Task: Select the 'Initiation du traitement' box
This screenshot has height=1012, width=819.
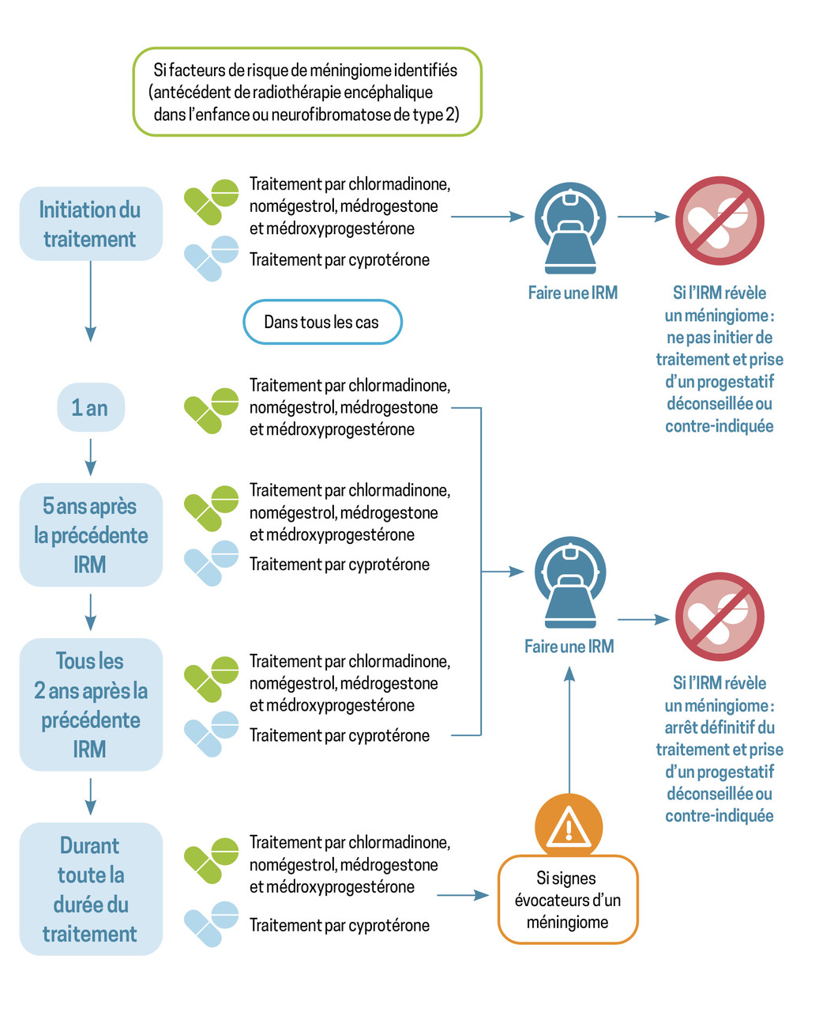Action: pyautogui.click(x=91, y=223)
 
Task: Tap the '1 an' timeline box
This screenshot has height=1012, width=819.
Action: pyautogui.click(x=91, y=407)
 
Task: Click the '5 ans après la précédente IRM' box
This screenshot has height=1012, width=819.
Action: pyautogui.click(x=91, y=534)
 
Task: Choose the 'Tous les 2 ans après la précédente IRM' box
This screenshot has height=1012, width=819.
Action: pyautogui.click(x=91, y=704)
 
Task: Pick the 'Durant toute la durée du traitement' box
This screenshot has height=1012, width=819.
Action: pyautogui.click(x=91, y=889)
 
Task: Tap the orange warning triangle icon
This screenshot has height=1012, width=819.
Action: pyautogui.click(x=569, y=827)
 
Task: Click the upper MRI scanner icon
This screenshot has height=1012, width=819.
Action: pyautogui.click(x=570, y=228)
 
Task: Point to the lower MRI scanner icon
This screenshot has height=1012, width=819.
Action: pyautogui.click(x=570, y=583)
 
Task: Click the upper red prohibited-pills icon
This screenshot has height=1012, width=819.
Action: pyautogui.click(x=719, y=221)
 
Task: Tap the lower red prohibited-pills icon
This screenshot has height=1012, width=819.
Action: pyautogui.click(x=719, y=616)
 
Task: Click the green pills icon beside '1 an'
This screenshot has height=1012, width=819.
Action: pyautogui.click(x=211, y=410)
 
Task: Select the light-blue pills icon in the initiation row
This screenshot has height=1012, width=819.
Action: pyautogui.click(x=211, y=259)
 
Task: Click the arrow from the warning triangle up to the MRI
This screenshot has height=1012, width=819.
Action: pyautogui.click(x=569, y=730)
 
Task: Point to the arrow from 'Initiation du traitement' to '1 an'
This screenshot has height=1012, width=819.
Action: pyautogui.click(x=91, y=301)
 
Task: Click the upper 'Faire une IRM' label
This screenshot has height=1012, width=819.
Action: pyautogui.click(x=573, y=293)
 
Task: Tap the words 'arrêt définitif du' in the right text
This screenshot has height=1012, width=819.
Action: pyautogui.click(x=719, y=727)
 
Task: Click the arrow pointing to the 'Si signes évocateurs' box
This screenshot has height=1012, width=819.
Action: pyautogui.click(x=463, y=895)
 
